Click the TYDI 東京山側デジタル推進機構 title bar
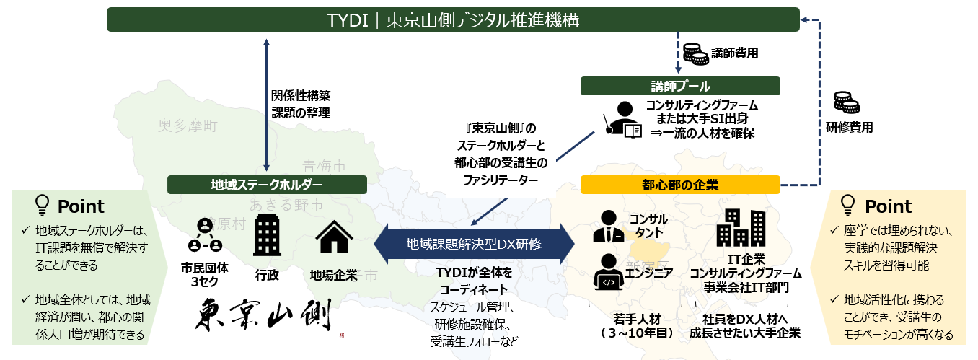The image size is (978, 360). pos(452,19)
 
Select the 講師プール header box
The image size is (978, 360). pos(680,86)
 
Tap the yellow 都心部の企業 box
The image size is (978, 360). pos(680,185)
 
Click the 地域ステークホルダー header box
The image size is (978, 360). pos(266,185)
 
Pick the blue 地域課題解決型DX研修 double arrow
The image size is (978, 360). pos(474,243)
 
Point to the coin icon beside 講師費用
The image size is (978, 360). pos(695,52)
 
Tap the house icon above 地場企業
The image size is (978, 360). pos(335,237)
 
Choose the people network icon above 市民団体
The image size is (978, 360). pos(204,236)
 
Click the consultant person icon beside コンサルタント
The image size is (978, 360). pos(607,226)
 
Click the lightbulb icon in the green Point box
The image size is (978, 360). pos(43,206)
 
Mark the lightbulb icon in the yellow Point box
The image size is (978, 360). pos(848,206)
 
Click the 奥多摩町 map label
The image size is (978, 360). pos(188,126)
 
